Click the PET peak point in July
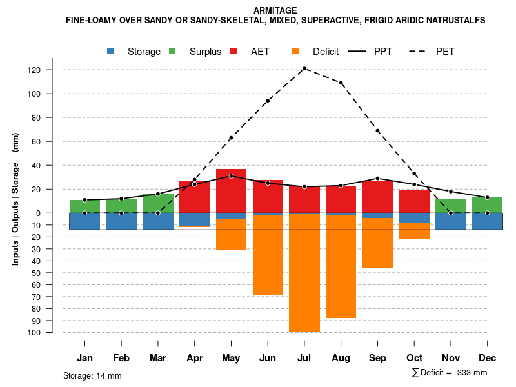[x=304, y=68]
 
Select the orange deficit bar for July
[x=304, y=271]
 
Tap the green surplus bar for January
[x=84, y=206]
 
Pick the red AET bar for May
[x=231, y=191]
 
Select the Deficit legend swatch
[x=296, y=51]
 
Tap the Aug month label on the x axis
[x=341, y=358]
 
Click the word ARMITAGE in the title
[x=275, y=10]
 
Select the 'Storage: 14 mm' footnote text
[x=92, y=375]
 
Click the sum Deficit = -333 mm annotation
[x=449, y=373]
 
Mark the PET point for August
[x=341, y=83]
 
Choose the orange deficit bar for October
[x=414, y=231]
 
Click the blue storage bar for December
[x=487, y=221]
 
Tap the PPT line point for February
[x=121, y=199]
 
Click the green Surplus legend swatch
[x=173, y=51]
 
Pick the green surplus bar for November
[x=451, y=206]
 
